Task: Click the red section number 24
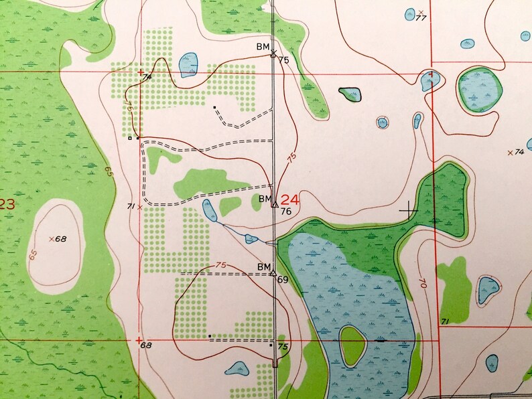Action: pyautogui.click(x=290, y=199)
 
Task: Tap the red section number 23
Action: pyautogui.click(x=7, y=205)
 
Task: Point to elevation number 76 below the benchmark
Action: pyautogui.click(x=286, y=212)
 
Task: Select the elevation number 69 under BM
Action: pyautogui.click(x=282, y=278)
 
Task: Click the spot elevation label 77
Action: pyautogui.click(x=421, y=17)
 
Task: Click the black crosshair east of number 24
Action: pyautogui.click(x=408, y=211)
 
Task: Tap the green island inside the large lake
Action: pyautogui.click(x=352, y=346)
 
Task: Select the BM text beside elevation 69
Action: pyautogui.click(x=263, y=266)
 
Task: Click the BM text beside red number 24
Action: pyautogui.click(x=264, y=199)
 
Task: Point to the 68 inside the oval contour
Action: pyautogui.click(x=61, y=239)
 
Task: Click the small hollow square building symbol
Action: pyautogui.click(x=130, y=138)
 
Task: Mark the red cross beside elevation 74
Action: pyautogui.click(x=140, y=72)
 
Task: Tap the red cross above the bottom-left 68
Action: pyautogui.click(x=139, y=339)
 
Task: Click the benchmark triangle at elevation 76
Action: pyautogui.click(x=274, y=204)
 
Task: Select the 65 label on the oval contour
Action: pyautogui.click(x=33, y=254)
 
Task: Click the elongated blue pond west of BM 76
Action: pyautogui.click(x=209, y=210)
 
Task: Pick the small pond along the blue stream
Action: pyautogui.click(x=251, y=238)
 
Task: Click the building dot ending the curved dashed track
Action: pyautogui.click(x=214, y=107)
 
